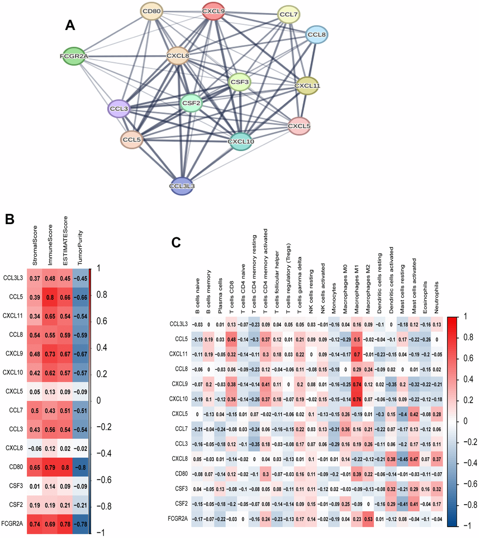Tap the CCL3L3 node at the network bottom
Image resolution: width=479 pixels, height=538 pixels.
pyautogui.click(x=183, y=186)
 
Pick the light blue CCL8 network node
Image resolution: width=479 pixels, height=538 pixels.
pyautogui.click(x=317, y=35)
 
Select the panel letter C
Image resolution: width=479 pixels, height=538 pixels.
pyautogui.click(x=176, y=242)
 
